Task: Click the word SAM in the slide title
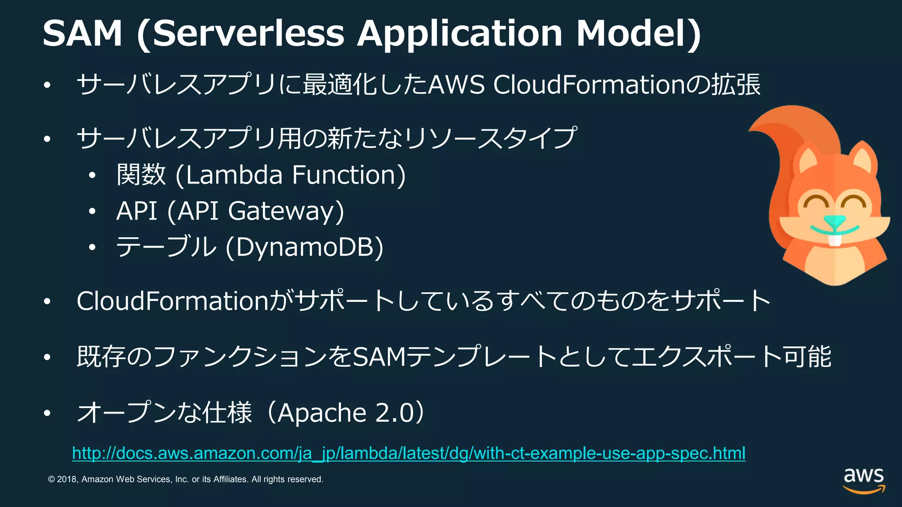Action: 82,33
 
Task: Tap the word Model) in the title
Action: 638,33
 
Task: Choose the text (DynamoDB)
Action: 304,247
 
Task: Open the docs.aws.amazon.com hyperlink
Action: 408,453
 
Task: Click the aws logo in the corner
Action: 864,480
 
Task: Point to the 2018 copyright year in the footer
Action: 67,479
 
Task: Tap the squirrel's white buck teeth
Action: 834,240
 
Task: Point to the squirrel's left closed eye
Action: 815,202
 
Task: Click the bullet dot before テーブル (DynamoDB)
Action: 92,247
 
